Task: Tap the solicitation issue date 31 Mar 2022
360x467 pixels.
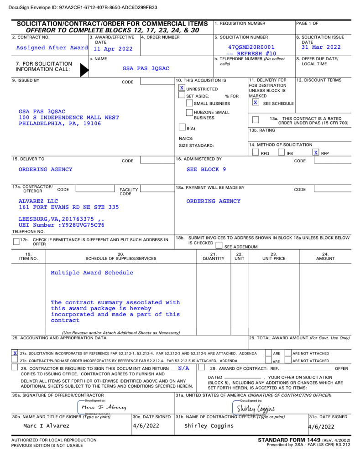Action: coord(321,47)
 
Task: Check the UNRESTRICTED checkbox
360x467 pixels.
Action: coord(182,88)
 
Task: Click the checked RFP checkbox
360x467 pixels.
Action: coord(316,152)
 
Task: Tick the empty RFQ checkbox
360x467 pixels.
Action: coord(256,153)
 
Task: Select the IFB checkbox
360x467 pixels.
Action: coord(282,153)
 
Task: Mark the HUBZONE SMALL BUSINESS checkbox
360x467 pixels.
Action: coord(189,113)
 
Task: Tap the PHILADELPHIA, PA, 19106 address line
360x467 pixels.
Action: coord(60,124)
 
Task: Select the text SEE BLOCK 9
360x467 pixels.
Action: coord(206,169)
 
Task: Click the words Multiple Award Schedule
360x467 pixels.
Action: coord(92,273)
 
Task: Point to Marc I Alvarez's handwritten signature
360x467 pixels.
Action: coord(104,407)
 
